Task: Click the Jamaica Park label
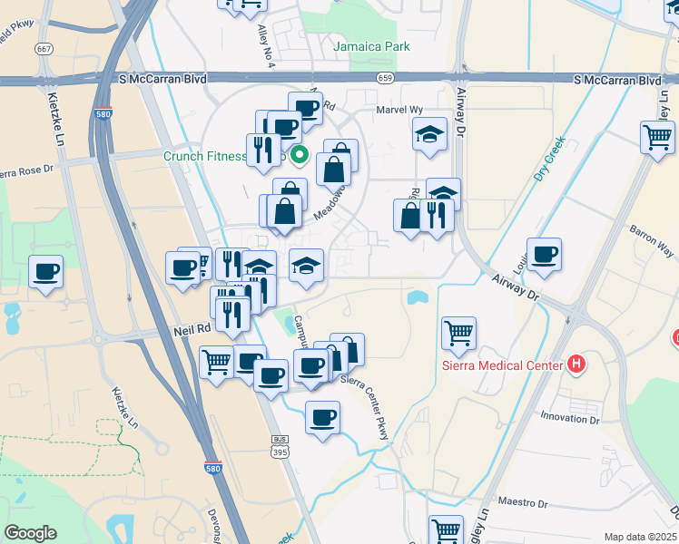[371, 46]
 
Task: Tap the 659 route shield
[386, 78]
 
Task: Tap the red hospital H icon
[576, 365]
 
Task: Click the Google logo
[31, 532]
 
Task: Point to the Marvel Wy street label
[400, 109]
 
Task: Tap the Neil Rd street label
[192, 331]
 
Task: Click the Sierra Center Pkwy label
[365, 408]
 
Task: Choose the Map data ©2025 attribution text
[640, 537]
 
